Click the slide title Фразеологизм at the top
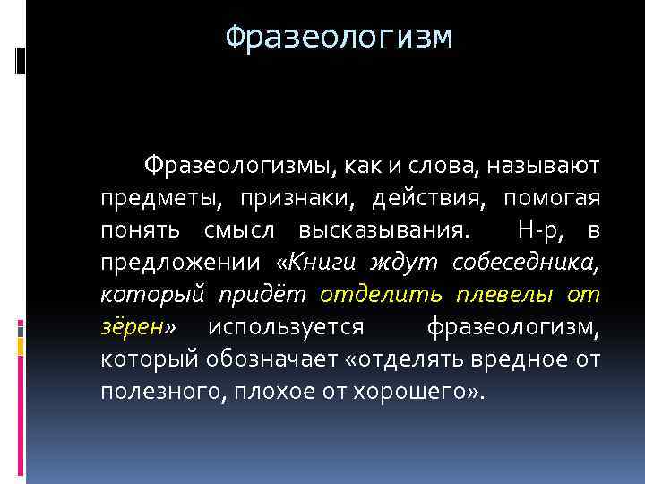(x=339, y=38)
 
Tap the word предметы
(x=150, y=197)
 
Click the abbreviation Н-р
(x=543, y=229)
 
